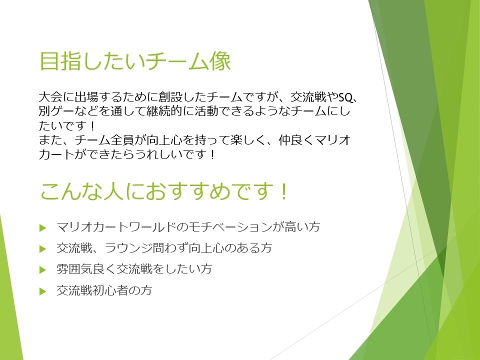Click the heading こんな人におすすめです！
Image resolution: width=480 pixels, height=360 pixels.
pyautogui.click(x=164, y=191)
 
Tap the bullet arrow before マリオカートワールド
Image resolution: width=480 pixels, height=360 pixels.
pyautogui.click(x=42, y=227)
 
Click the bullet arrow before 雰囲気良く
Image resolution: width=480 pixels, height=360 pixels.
pyautogui.click(x=42, y=270)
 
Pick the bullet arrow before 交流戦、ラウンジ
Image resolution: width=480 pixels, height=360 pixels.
pyautogui.click(x=42, y=248)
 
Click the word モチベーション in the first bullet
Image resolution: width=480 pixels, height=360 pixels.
pyautogui.click(x=228, y=227)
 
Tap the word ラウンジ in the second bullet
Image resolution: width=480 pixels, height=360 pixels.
pyautogui.click(x=136, y=248)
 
